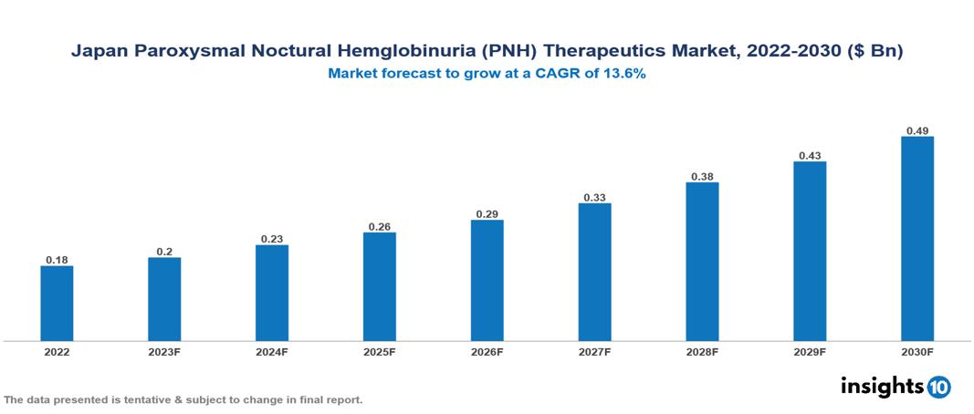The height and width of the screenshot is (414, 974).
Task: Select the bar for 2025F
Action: point(380,286)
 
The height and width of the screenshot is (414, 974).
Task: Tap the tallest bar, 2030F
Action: point(917,239)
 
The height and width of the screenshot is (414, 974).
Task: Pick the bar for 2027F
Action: point(595,272)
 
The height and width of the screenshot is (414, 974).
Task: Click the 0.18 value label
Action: point(57,260)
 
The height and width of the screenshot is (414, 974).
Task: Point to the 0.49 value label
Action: point(917,130)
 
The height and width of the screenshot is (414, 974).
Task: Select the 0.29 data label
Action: point(487,213)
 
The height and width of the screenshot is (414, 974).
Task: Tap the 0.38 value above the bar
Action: point(703,176)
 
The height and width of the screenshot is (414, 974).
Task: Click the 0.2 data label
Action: point(164,252)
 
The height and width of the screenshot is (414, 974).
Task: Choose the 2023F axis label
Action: point(164,352)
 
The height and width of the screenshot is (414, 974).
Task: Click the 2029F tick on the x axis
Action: point(810,352)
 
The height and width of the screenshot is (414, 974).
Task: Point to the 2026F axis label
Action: point(487,352)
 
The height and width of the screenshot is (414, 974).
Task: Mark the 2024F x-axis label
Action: point(272,352)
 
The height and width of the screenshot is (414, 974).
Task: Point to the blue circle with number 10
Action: point(939,388)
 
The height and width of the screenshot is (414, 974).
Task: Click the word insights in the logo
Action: point(882,387)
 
